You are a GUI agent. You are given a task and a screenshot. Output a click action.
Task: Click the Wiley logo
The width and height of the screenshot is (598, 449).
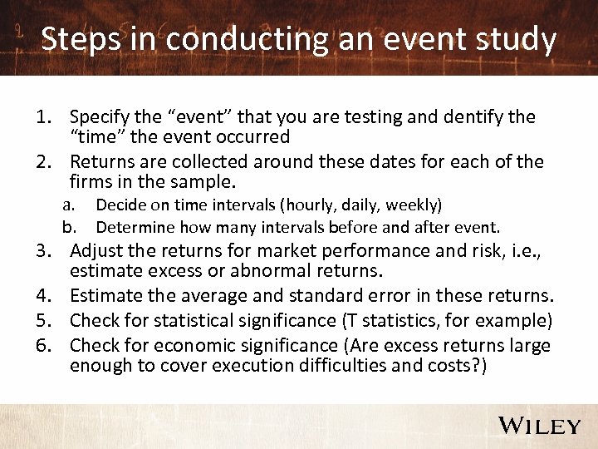click(540, 426)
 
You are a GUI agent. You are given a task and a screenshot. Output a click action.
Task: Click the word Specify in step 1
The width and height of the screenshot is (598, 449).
click(98, 117)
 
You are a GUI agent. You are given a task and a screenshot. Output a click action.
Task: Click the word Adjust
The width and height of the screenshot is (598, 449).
click(94, 251)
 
